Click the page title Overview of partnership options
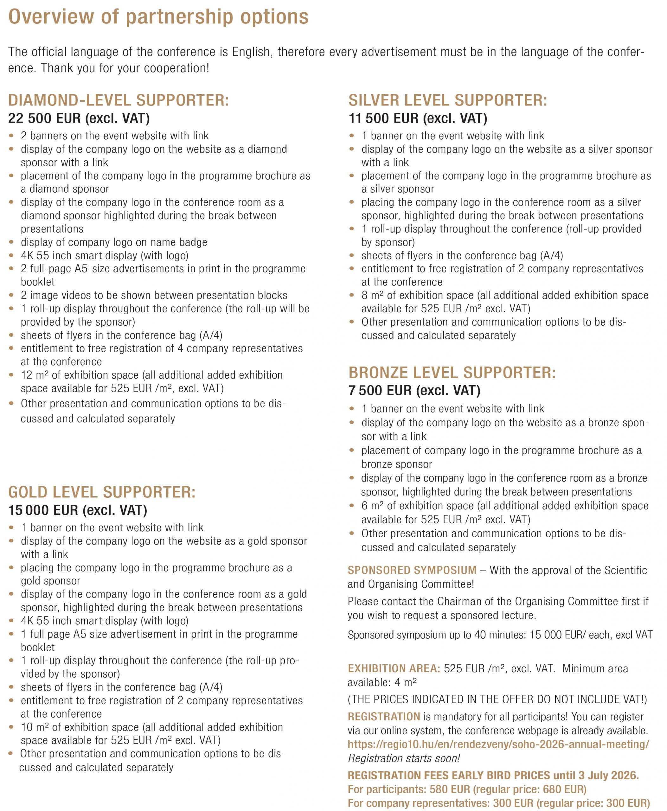pyautogui.click(x=158, y=17)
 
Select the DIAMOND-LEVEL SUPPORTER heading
pyautogui.click(x=118, y=100)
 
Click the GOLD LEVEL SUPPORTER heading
pyautogui.click(x=102, y=492)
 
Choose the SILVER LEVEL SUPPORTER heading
pyautogui.click(x=448, y=100)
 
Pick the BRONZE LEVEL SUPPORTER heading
pyautogui.click(x=452, y=373)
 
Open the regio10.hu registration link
pyautogui.click(x=498, y=744)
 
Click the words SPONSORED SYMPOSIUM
pyautogui.click(x=412, y=570)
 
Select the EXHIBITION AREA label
pyautogui.click(x=394, y=668)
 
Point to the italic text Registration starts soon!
pyautogui.click(x=404, y=758)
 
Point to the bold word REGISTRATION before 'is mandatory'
pyautogui.click(x=384, y=717)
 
